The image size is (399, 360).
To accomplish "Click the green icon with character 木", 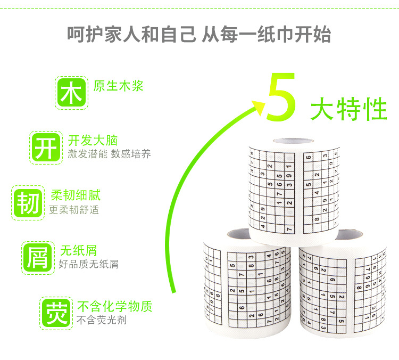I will (x=70, y=93).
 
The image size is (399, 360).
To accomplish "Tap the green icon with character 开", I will (x=45, y=148).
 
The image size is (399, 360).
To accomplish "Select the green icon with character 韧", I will (x=27, y=202).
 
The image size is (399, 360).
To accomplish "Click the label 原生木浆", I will (x=119, y=86).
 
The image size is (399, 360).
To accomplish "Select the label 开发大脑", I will (x=93, y=141).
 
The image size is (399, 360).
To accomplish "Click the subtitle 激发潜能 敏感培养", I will (x=109, y=154).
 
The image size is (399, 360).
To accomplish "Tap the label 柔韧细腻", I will (x=75, y=195).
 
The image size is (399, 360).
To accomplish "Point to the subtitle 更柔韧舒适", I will (x=74, y=209).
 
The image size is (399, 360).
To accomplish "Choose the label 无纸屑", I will (x=78, y=250).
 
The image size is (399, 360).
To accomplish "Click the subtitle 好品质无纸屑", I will (x=89, y=264).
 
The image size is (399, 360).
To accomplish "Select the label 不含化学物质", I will (x=115, y=306).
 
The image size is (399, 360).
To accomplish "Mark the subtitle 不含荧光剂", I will (x=102, y=320).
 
